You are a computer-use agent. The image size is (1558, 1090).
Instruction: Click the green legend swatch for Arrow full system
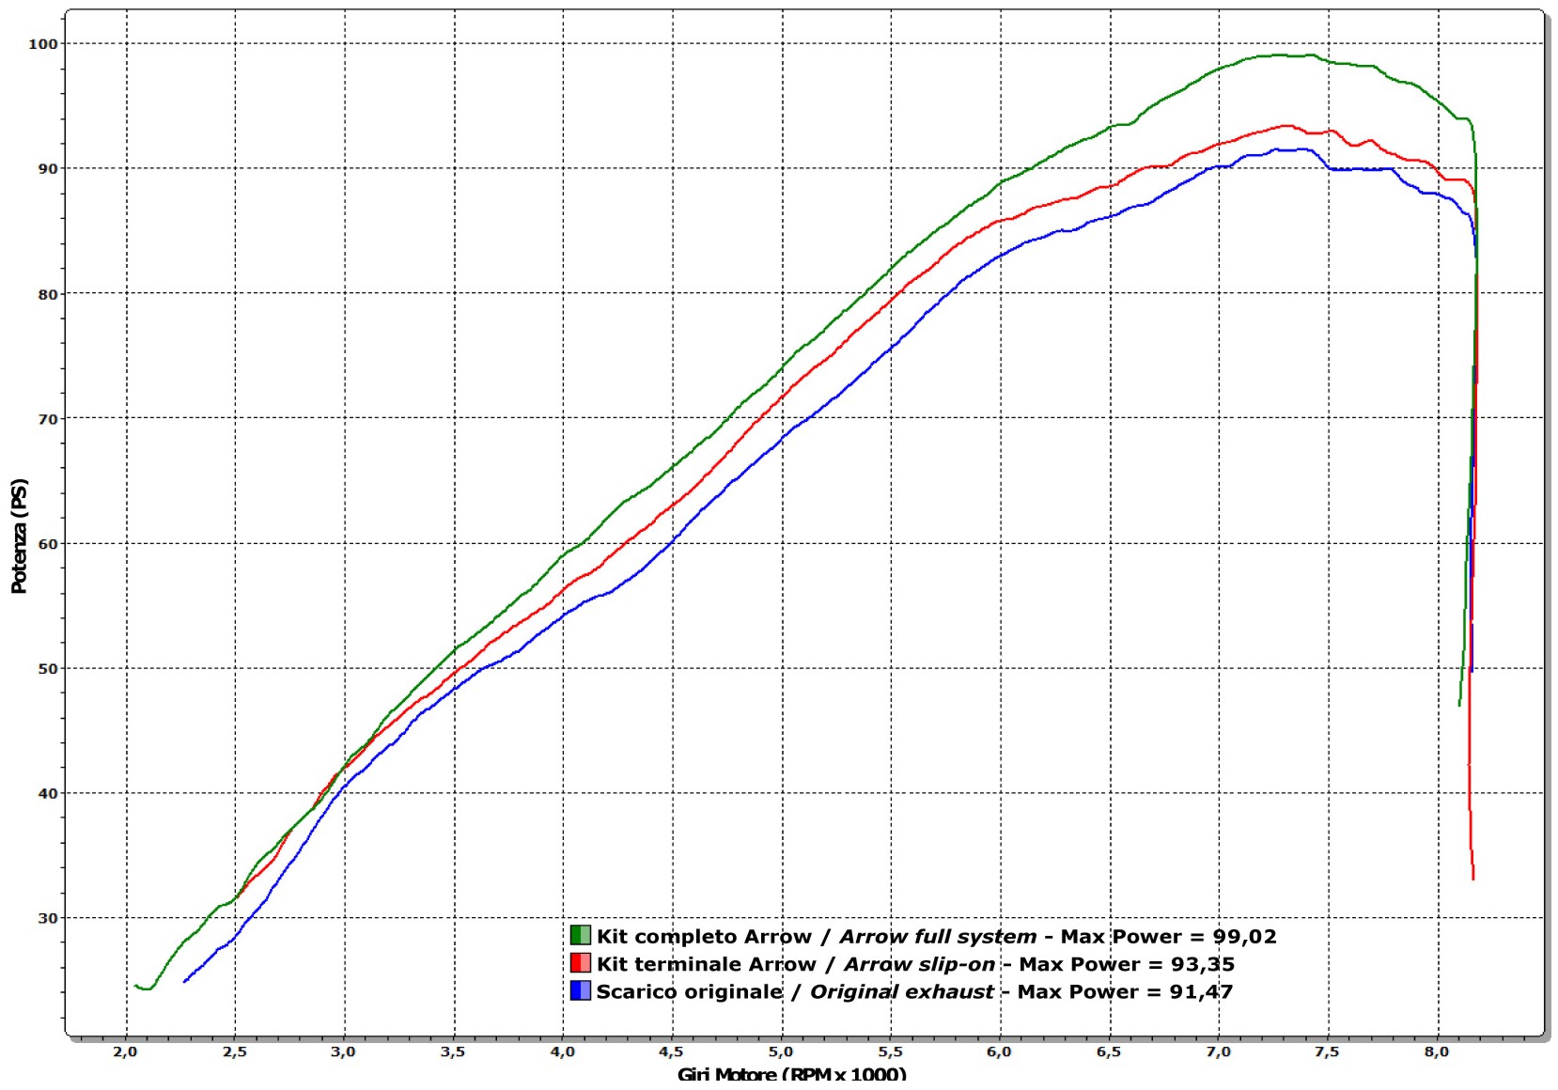(580, 935)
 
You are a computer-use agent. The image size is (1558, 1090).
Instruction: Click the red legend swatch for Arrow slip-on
(580, 963)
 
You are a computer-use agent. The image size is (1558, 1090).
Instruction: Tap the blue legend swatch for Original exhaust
(580, 990)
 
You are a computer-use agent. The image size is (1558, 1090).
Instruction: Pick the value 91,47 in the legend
(1201, 991)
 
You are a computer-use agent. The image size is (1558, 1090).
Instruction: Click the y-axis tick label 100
(43, 43)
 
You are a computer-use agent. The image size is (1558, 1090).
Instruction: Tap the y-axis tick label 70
(47, 419)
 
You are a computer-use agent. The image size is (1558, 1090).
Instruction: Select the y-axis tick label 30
(47, 918)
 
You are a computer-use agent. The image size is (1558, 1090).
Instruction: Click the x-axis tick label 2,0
(125, 1051)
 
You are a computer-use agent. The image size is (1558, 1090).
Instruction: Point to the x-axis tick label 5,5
(890, 1051)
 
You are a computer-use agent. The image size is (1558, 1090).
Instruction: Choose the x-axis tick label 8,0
(1436, 1051)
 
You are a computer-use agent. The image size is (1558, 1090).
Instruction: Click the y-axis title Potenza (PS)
(19, 536)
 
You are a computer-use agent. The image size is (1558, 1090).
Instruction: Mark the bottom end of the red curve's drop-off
(1473, 879)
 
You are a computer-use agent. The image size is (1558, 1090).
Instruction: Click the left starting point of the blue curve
(184, 981)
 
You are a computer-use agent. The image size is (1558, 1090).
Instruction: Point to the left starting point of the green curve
(135, 985)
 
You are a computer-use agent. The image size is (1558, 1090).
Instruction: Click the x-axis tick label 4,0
(562, 1051)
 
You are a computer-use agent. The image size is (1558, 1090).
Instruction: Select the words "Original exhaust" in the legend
(901, 991)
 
